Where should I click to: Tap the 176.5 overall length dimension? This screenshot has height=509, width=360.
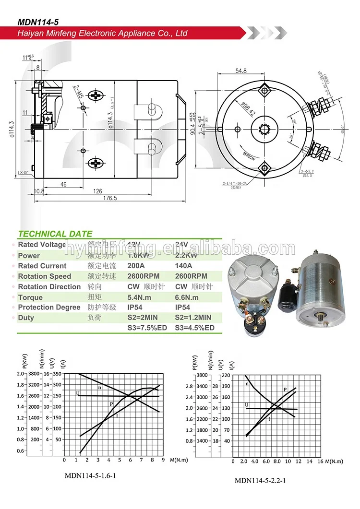[x=111, y=198]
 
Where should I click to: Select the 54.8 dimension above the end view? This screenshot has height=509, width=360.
[x=241, y=71]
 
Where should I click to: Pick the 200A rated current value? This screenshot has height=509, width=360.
[x=137, y=266]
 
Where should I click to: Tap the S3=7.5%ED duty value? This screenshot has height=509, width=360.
[x=147, y=328]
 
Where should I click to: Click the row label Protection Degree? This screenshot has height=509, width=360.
[x=49, y=308]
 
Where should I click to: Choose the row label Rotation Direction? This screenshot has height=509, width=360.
[x=49, y=287]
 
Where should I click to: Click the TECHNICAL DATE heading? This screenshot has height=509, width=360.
[x=55, y=234]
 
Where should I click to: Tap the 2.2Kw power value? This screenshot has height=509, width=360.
[x=186, y=256]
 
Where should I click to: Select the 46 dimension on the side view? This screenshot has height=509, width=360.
[x=63, y=184]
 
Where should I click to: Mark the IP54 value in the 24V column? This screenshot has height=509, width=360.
[x=182, y=308]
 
